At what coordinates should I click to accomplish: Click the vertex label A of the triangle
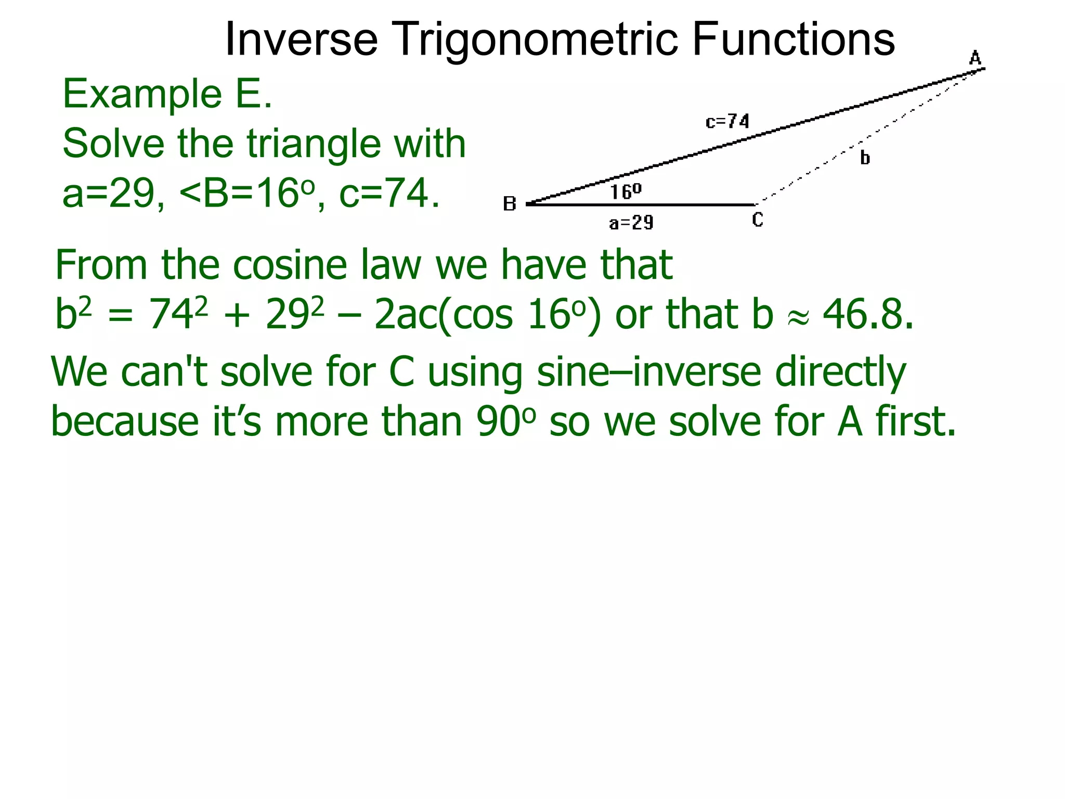coord(975,58)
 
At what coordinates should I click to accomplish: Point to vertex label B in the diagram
coord(510,204)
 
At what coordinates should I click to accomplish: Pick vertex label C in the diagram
coord(758,220)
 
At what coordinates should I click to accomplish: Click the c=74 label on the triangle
coord(728,122)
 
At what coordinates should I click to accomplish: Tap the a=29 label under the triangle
coord(631,223)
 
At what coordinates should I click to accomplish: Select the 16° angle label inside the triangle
coord(626,191)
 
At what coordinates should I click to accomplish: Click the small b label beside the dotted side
coord(865,158)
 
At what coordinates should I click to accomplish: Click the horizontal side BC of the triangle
coord(640,204)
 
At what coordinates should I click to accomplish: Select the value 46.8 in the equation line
coord(867,315)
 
